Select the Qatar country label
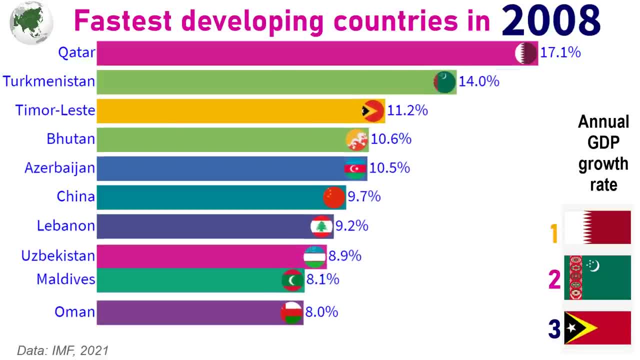point(76,52)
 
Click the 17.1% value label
point(560,52)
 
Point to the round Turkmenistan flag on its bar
point(444,82)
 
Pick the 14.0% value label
point(479,81)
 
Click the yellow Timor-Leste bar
point(225,110)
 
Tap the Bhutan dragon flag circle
point(357,140)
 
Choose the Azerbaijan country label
point(59,168)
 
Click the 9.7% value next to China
point(364,197)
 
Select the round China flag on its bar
point(334,197)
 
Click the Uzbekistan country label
point(58,256)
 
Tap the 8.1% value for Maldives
point(322,279)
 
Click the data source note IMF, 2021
point(62,350)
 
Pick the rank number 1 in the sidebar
point(554,233)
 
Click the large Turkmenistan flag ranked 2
point(597,277)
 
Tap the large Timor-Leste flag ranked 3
point(597,328)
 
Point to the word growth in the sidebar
point(603,163)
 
